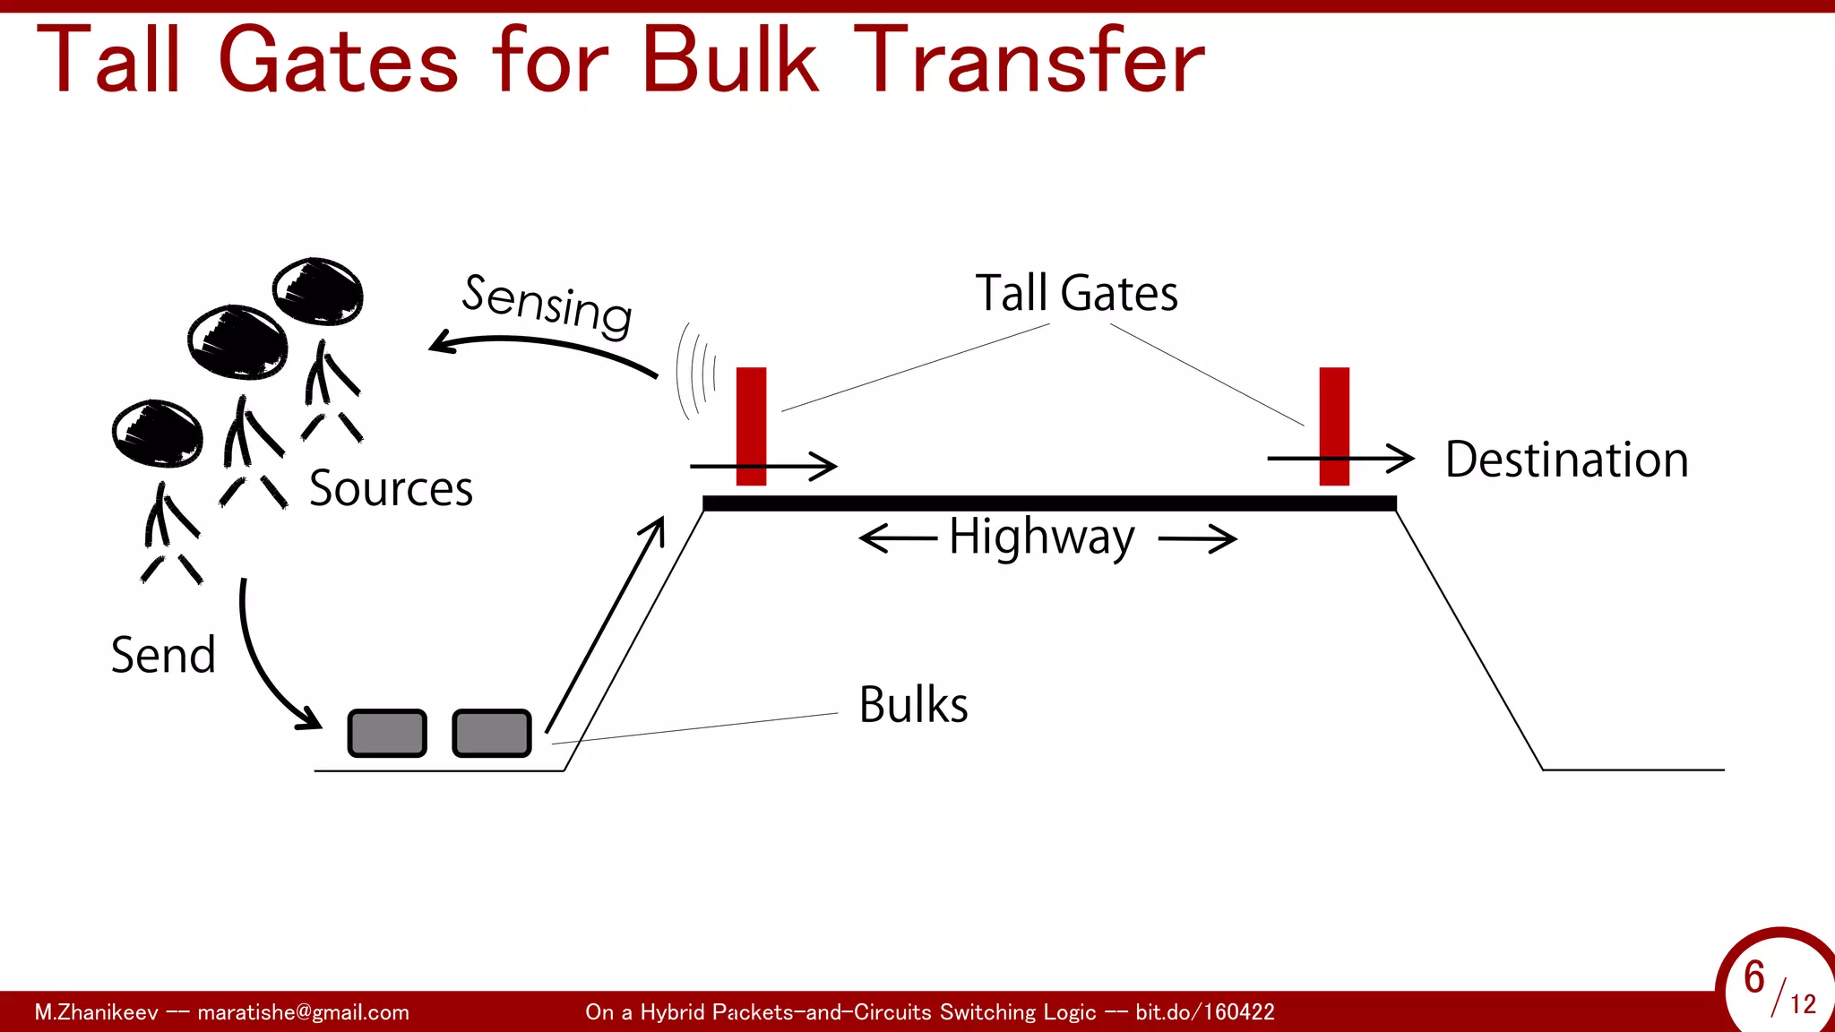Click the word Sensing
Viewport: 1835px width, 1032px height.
pos(547,305)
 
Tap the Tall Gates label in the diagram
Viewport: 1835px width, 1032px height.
pos(1076,293)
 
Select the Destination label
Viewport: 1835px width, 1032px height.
pos(1566,460)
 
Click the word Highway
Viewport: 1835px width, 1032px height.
pos(1042,537)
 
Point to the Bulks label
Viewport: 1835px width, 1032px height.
pos(913,704)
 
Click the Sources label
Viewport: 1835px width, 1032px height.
pos(391,488)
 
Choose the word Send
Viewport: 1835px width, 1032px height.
pos(163,655)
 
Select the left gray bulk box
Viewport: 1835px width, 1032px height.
pos(387,733)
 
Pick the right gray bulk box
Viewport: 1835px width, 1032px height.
pos(492,733)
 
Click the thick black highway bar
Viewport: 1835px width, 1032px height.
pos(1048,503)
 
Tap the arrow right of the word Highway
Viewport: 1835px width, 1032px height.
pos(1198,539)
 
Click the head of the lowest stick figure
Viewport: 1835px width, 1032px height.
pos(158,433)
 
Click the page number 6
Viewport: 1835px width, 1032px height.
pos(1754,976)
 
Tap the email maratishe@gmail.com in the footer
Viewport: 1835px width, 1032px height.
pos(303,1012)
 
